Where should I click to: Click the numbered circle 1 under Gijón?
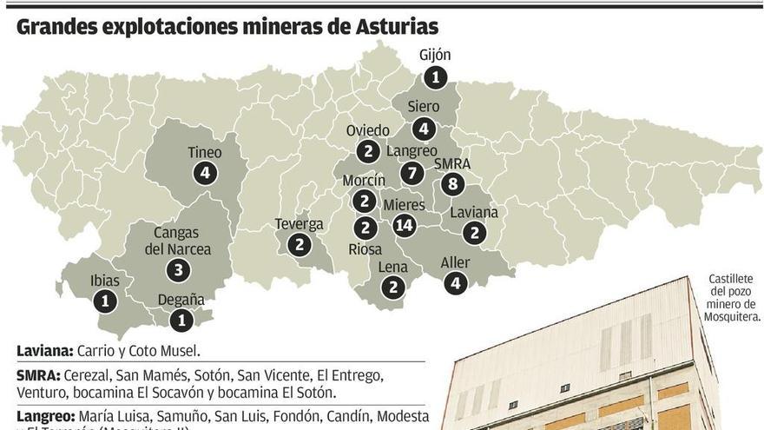(x=435, y=77)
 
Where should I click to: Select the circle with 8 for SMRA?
(x=451, y=183)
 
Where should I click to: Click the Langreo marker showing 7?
(x=412, y=173)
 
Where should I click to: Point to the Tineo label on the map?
(x=205, y=153)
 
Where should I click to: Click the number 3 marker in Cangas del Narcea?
(x=177, y=269)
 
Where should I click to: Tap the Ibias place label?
(x=105, y=281)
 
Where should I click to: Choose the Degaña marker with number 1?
(x=181, y=321)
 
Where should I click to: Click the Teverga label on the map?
(x=299, y=224)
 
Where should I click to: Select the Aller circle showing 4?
(x=455, y=282)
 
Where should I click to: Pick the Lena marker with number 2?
(x=392, y=288)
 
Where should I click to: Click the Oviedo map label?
(x=368, y=130)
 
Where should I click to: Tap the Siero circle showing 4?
(x=423, y=129)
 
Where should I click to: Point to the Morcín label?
(x=364, y=180)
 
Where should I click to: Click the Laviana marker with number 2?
(x=473, y=233)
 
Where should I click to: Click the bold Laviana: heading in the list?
(x=44, y=352)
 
